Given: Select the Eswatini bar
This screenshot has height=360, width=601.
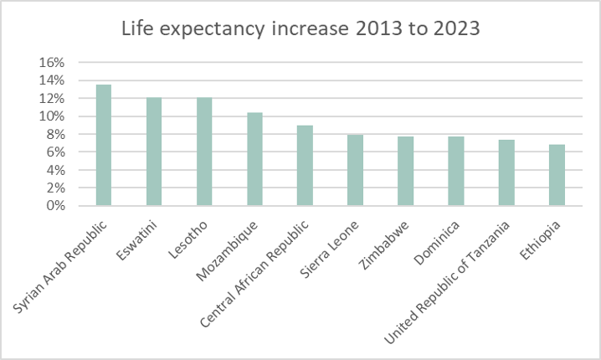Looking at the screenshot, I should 154,152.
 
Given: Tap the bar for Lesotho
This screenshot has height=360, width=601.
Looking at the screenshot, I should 204,152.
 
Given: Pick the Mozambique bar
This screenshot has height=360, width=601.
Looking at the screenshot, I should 254,159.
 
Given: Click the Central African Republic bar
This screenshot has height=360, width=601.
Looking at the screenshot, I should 305,165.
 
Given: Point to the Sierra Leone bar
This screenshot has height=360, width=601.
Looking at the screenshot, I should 355,170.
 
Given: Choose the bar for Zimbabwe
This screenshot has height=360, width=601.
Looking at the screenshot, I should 405,171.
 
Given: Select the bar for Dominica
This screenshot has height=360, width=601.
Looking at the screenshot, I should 455,171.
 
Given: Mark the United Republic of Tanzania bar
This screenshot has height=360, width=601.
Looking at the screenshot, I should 506,172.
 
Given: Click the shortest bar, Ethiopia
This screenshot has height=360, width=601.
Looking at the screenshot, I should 556,175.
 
